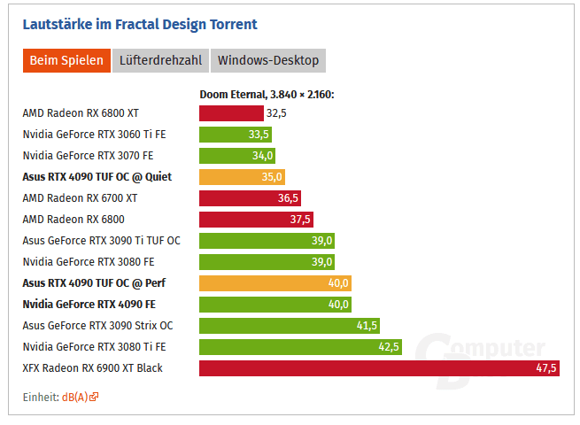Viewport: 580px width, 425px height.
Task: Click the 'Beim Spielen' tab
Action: pyautogui.click(x=66, y=60)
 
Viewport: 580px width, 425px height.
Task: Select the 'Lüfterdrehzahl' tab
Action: pyautogui.click(x=159, y=60)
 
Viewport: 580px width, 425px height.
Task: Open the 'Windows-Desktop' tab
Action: pyautogui.click(x=267, y=60)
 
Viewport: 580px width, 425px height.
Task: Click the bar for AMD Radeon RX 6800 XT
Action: pyautogui.click(x=231, y=113)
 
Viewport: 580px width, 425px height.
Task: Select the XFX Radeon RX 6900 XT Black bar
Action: pyautogui.click(x=379, y=368)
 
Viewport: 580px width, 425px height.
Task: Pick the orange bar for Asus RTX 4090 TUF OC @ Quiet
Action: pyautogui.click(x=242, y=177)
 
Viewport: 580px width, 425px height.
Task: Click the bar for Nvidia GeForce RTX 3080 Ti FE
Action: pyautogui.click(x=300, y=347)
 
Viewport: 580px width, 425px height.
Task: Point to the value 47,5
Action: pyautogui.click(x=545, y=368)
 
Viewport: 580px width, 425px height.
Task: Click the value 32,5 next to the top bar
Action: pyautogui.click(x=276, y=113)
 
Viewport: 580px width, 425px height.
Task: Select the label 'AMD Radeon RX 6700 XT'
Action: pyautogui.click(x=80, y=198)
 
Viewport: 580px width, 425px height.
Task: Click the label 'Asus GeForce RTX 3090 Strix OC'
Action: pyautogui.click(x=97, y=326)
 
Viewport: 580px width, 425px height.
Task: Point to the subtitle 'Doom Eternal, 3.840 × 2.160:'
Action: pyautogui.click(x=267, y=94)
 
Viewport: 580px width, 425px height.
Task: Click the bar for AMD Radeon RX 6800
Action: pyautogui.click(x=256, y=220)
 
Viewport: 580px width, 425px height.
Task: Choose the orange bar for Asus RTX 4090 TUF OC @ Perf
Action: pyautogui.click(x=275, y=283)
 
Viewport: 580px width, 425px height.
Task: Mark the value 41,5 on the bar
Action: pyautogui.click(x=367, y=326)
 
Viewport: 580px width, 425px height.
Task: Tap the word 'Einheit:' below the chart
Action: pyautogui.click(x=40, y=397)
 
